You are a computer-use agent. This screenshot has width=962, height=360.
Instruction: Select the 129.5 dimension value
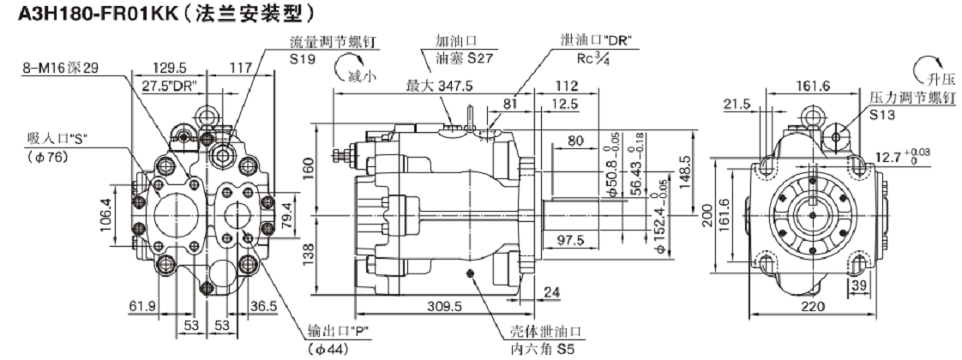coord(171,67)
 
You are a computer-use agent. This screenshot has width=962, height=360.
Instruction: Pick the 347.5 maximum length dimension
coord(441,87)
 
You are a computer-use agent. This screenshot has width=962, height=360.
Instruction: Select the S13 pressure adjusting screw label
coord(881,113)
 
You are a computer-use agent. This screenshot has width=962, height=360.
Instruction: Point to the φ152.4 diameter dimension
coord(661,224)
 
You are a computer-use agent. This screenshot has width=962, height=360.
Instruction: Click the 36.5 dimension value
coord(264,305)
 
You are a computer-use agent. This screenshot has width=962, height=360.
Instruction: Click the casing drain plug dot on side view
coord(471,273)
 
